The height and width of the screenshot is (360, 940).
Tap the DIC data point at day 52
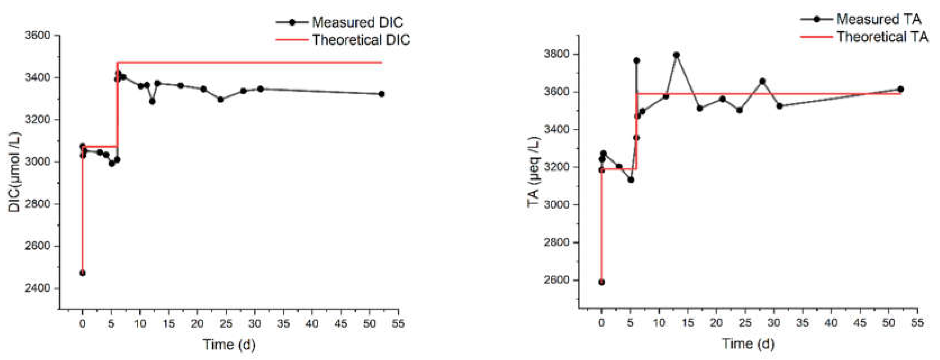(x=381, y=94)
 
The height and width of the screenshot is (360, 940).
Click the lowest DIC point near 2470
(x=82, y=273)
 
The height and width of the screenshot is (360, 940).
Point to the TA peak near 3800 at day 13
(x=676, y=55)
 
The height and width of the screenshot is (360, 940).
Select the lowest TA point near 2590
(x=601, y=282)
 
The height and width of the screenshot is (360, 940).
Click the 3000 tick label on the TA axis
(x=556, y=205)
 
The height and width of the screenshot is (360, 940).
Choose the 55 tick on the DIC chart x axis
(x=398, y=323)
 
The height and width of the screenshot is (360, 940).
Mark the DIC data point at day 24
(x=221, y=99)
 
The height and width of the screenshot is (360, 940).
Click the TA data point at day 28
(x=762, y=81)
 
